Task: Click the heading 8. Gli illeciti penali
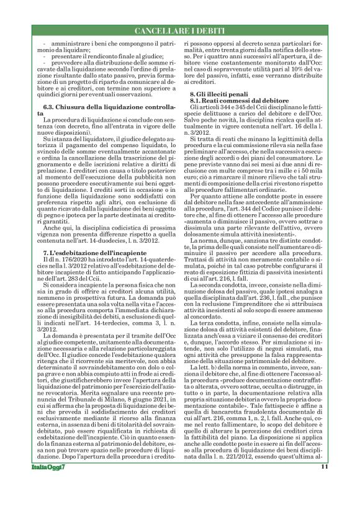(x=217, y=93)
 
